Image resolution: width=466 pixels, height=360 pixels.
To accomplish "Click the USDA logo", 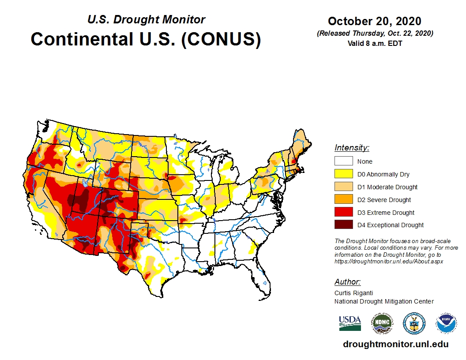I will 350,323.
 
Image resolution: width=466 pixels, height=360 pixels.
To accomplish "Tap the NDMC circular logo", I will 382,323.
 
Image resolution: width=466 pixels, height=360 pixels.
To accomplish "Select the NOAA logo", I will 446,323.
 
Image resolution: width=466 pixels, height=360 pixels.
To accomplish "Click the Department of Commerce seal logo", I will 414,323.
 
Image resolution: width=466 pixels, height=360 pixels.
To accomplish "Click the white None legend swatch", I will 343,161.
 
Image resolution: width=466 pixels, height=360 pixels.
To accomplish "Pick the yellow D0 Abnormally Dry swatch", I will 343,174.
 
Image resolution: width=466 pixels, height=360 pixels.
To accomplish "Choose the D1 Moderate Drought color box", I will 343,187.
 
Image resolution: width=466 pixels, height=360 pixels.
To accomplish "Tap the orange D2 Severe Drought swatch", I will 343,200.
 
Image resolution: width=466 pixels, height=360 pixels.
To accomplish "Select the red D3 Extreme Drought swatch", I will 343,213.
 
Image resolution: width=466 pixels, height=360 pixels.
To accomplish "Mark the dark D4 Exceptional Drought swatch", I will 343,225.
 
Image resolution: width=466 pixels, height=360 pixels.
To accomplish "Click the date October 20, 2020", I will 374,21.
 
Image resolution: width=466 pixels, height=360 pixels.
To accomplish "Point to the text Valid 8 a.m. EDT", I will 375,43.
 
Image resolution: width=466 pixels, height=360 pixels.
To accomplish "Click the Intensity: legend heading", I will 352,148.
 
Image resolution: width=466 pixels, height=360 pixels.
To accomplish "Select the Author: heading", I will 347,282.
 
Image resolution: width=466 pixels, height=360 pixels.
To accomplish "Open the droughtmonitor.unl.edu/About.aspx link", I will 388,261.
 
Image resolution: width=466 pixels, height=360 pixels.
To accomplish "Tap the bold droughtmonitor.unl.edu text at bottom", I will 395,344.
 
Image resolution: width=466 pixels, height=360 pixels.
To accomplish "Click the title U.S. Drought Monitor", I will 146,20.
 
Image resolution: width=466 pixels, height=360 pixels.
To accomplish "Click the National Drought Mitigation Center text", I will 384,301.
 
